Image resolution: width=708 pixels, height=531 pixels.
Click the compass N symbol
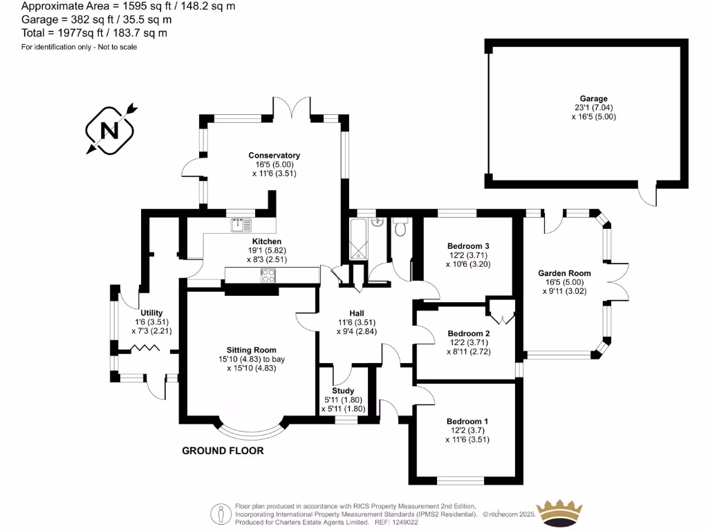[x=110, y=129]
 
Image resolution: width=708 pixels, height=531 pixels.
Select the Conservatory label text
[x=275, y=156]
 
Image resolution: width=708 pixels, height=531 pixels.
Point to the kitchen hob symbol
[x=268, y=274]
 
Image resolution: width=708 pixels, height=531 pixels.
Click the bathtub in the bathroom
[x=360, y=239]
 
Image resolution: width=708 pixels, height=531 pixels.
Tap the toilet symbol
[x=400, y=228]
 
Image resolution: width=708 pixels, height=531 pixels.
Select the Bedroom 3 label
[x=468, y=246]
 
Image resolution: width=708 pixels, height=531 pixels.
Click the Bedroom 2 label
[x=468, y=333]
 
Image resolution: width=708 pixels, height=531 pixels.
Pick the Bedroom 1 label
[x=467, y=421]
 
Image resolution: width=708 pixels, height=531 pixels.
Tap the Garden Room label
[x=564, y=273]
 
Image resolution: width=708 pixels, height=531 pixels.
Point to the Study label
[x=343, y=391]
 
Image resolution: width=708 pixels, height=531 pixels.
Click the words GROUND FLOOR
[x=223, y=451]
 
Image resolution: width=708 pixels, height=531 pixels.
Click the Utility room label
[x=151, y=313]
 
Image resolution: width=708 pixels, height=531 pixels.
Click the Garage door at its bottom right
[x=647, y=196]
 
